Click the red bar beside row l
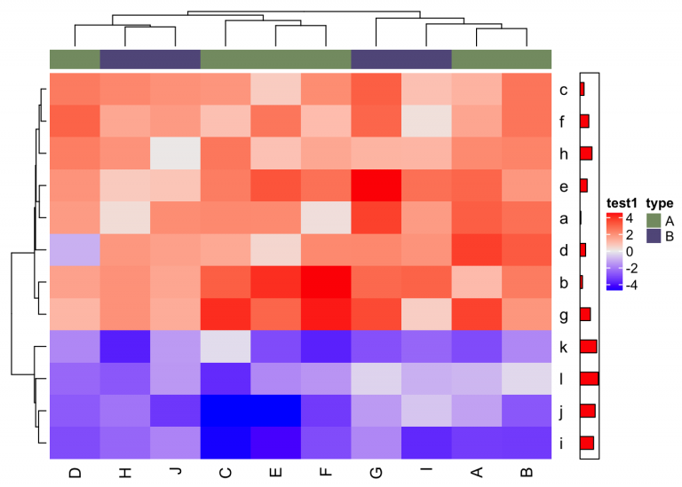[589, 378]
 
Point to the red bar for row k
[588, 346]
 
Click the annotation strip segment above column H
[124, 59]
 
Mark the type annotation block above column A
[477, 59]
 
